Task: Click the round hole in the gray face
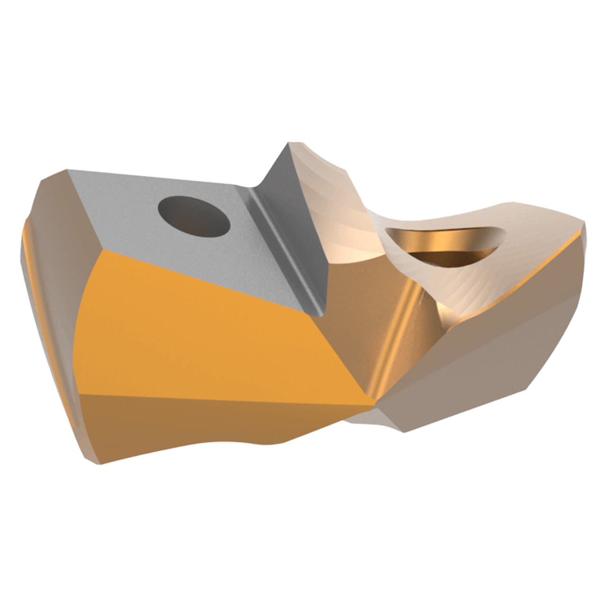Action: [193, 218]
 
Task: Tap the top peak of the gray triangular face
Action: [290, 143]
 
